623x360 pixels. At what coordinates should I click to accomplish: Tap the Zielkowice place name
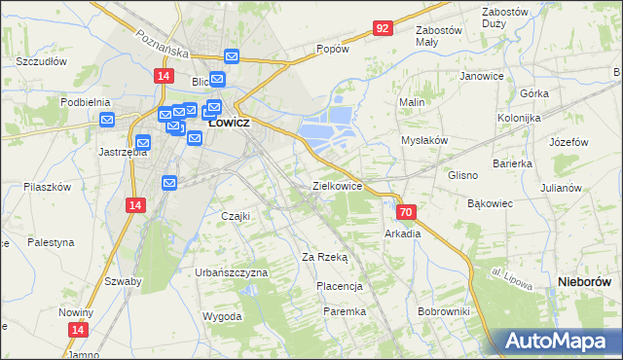pyautogui.click(x=337, y=185)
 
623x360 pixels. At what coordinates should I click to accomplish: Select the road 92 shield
pyautogui.click(x=382, y=29)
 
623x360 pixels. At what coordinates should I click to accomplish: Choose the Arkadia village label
pyautogui.click(x=403, y=234)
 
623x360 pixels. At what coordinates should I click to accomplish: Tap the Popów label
pyautogui.click(x=332, y=49)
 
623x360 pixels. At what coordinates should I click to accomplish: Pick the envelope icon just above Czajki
pyautogui.click(x=169, y=182)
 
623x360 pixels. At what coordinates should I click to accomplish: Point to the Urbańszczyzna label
pyautogui.click(x=231, y=272)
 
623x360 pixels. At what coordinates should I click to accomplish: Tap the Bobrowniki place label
pyautogui.click(x=443, y=311)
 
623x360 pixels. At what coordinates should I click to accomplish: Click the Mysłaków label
pyautogui.click(x=424, y=140)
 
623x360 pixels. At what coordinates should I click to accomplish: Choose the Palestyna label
pyautogui.click(x=51, y=241)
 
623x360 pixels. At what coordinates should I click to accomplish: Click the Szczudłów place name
pyautogui.click(x=41, y=60)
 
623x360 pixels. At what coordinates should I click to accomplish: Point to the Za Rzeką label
pyautogui.click(x=325, y=257)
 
